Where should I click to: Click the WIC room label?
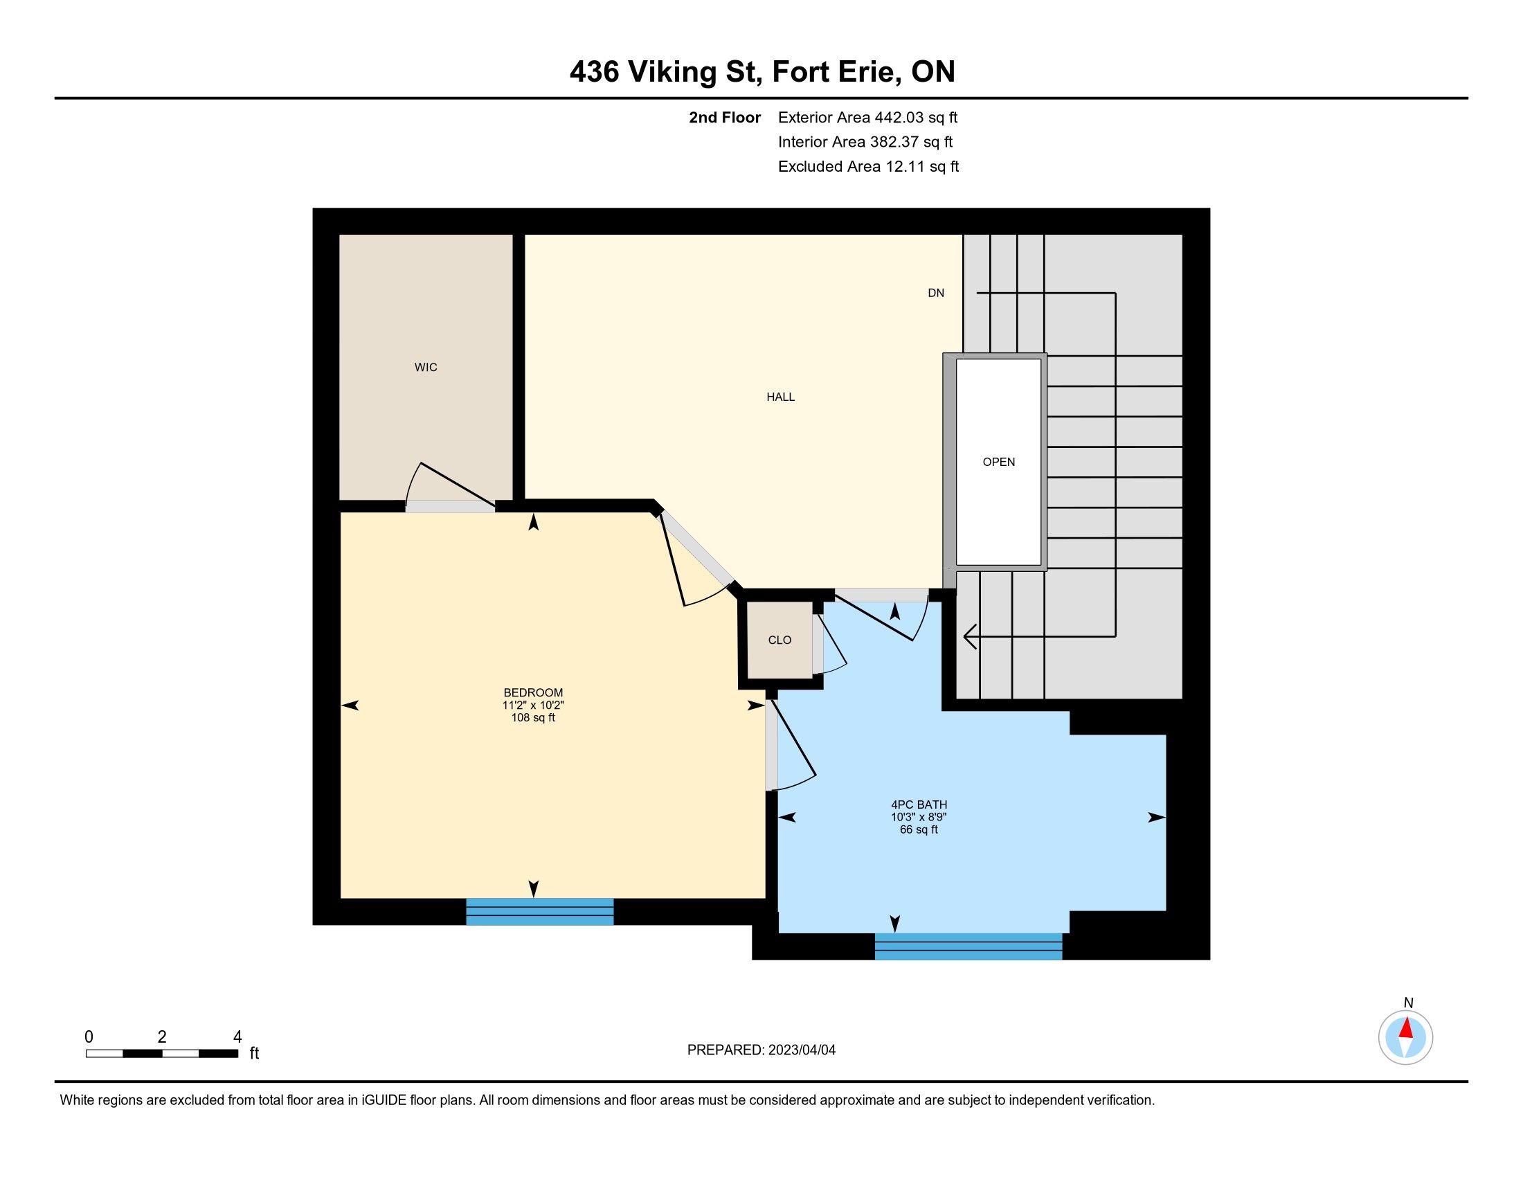coord(425,368)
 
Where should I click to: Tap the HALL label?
coord(780,397)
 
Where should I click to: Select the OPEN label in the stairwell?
coord(998,462)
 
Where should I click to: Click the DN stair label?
coord(936,293)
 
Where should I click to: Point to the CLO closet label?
coord(779,640)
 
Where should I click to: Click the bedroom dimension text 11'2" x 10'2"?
coord(534,705)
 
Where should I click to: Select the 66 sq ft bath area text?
coord(919,829)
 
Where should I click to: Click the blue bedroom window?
coord(540,911)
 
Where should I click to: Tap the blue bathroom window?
coord(968,946)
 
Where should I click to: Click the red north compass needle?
coord(1407,1028)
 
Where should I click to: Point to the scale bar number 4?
coord(237,1037)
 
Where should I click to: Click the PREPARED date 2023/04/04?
coord(801,1050)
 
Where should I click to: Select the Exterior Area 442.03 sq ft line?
coord(867,118)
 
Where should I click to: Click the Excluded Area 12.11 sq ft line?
coord(868,167)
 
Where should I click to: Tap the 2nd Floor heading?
coord(725,118)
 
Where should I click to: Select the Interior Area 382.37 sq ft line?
coord(865,142)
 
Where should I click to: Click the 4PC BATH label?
coord(919,805)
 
